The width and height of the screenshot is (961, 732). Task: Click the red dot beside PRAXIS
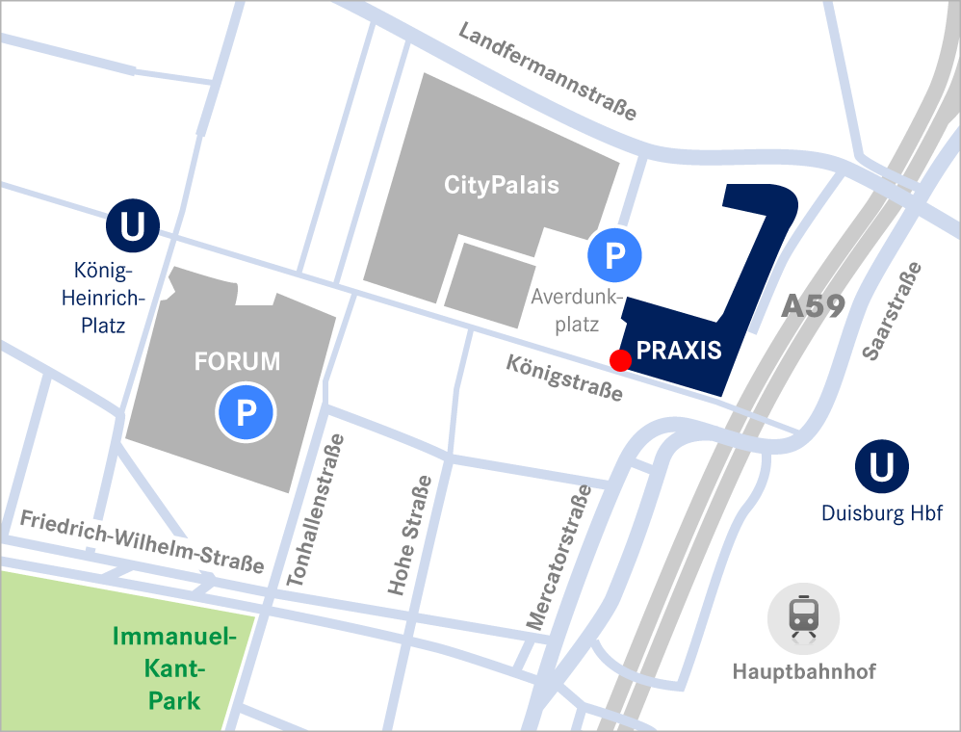(620, 360)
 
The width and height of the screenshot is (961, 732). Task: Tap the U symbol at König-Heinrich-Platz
(132, 227)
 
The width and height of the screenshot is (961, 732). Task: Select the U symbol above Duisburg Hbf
(881, 467)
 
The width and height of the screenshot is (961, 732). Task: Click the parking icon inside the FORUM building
(246, 413)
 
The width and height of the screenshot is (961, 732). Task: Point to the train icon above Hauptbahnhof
(803, 618)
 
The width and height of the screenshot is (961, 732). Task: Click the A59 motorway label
(813, 306)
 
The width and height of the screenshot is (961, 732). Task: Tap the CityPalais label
(501, 184)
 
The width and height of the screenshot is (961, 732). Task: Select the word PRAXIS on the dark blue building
(679, 351)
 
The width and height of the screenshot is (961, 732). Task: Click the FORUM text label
(237, 362)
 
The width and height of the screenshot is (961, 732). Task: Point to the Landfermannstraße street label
(547, 72)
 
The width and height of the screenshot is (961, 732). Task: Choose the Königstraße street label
(564, 379)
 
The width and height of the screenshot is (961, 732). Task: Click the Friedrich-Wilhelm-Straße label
(142, 540)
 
